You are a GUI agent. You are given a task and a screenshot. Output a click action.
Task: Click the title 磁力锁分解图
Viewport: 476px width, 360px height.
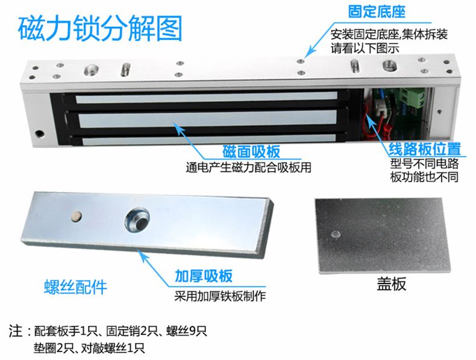pos(100,28)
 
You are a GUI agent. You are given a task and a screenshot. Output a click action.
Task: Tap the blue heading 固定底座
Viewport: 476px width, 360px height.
pos(377,12)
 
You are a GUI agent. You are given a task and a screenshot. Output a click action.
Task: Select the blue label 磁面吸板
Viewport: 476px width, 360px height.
pos(251,152)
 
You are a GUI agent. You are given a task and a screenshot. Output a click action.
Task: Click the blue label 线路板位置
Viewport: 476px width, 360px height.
pos(425,149)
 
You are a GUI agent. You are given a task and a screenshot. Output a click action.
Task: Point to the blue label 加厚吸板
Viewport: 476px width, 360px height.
pos(204,276)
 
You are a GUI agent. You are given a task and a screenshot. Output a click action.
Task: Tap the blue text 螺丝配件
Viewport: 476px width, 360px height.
pos(75,287)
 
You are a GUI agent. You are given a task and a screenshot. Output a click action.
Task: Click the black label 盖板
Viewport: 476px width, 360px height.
pos(391,284)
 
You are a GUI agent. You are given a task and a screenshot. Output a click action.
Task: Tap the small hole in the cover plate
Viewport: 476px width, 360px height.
pos(336,234)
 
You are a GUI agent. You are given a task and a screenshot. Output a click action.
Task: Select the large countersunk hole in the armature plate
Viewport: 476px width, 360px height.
pos(137,220)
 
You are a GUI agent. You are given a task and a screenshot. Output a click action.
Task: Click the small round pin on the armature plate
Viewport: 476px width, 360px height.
pos(76,216)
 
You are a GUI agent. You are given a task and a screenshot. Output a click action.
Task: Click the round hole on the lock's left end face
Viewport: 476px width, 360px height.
pos(39,134)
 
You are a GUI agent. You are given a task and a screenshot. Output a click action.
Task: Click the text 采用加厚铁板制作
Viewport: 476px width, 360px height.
pos(220,296)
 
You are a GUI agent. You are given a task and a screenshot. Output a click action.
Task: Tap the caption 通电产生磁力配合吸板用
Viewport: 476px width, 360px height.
pos(249,167)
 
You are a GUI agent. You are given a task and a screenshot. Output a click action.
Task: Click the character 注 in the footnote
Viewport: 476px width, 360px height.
pos(16,331)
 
